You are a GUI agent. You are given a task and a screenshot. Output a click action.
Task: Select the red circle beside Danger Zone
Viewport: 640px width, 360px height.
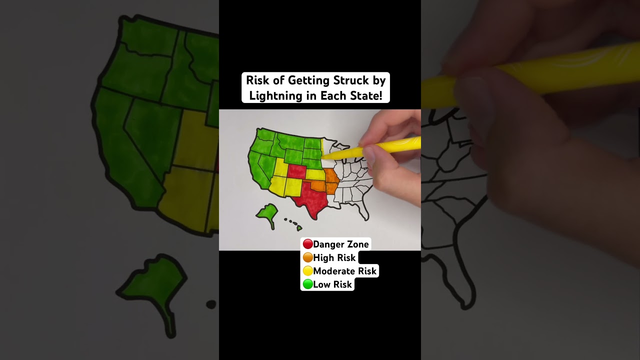click(x=307, y=244)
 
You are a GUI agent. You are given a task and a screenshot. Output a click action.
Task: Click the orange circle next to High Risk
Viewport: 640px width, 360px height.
click(x=307, y=257)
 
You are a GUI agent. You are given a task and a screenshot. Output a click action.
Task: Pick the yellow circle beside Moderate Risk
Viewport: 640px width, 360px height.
click(x=307, y=271)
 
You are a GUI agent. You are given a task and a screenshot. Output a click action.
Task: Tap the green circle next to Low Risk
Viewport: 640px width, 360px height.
click(x=307, y=284)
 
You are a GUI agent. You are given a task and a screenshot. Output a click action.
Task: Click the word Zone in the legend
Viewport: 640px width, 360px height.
click(x=356, y=244)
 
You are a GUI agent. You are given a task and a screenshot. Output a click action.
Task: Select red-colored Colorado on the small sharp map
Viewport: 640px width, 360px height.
click(x=297, y=171)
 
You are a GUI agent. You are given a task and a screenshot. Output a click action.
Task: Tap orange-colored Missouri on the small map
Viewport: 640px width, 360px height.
click(x=330, y=176)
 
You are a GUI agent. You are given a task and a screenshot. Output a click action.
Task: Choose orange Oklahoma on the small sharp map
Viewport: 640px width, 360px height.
click(x=318, y=185)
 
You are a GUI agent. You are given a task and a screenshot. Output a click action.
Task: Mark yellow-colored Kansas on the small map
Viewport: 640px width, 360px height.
click(x=315, y=174)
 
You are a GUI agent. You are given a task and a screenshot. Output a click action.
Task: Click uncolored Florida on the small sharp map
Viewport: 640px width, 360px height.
click(x=365, y=212)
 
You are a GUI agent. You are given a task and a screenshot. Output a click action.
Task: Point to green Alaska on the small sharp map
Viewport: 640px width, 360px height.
click(x=268, y=212)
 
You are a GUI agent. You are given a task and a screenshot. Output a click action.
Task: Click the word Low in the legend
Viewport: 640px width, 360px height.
click(x=322, y=284)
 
